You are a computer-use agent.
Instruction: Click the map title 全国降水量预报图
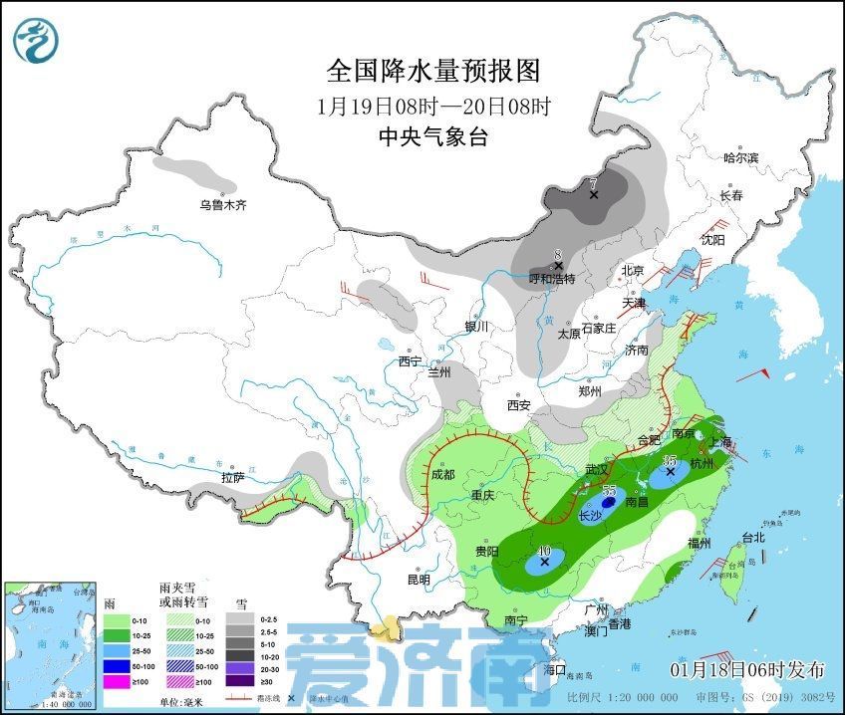(432, 71)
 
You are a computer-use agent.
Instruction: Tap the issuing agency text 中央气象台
(432, 137)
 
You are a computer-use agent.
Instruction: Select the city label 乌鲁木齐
(221, 205)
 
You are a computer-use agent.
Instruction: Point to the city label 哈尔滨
(740, 157)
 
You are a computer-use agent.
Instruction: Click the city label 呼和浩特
(552, 279)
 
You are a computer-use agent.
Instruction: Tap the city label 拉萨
(232, 478)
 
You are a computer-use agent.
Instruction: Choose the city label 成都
(443, 475)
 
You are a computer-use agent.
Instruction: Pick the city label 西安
(518, 405)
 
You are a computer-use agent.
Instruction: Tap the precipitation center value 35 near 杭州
(670, 459)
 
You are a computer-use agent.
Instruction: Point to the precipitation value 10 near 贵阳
(543, 550)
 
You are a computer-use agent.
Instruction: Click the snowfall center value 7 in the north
(593, 183)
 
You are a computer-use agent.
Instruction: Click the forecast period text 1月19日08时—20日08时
(432, 106)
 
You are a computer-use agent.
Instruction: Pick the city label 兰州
(439, 372)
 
